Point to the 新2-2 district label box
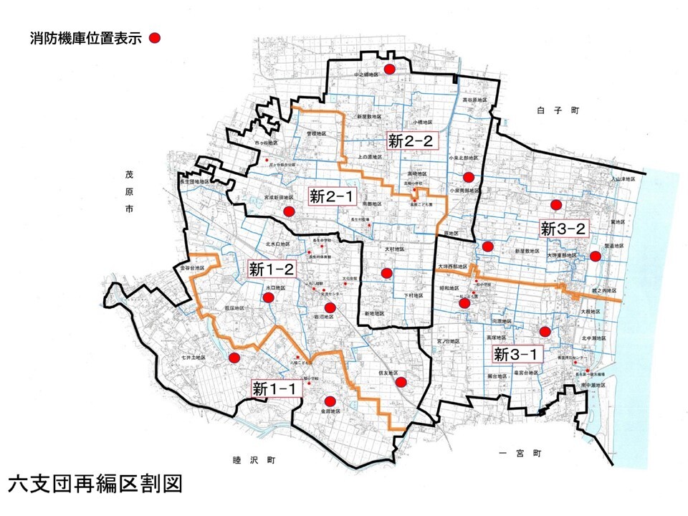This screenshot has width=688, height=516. pyautogui.click(x=411, y=141)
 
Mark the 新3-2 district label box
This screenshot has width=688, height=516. pyautogui.click(x=564, y=229)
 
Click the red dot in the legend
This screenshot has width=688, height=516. pyautogui.click(x=155, y=39)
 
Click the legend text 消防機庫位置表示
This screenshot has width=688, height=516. pyautogui.click(x=85, y=39)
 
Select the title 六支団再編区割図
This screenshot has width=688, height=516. pyautogui.click(x=95, y=483)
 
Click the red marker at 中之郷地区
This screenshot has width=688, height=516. pyautogui.click(x=389, y=69)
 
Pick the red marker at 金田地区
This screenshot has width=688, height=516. pyautogui.click(x=330, y=402)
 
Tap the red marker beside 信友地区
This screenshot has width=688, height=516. pyautogui.click(x=401, y=382)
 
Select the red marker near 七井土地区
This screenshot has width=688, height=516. pyautogui.click(x=233, y=358)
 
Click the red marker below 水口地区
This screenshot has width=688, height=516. pyautogui.click(x=268, y=299)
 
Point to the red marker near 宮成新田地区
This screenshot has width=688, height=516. pyautogui.click(x=289, y=211)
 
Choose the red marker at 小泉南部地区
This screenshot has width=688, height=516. pyautogui.click(x=468, y=177)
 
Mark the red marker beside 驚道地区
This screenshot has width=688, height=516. pyautogui.click(x=595, y=256)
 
